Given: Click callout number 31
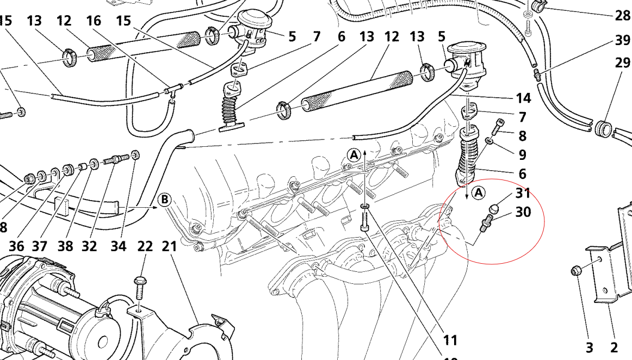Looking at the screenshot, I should [x=523, y=193].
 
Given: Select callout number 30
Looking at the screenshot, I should [x=523, y=212].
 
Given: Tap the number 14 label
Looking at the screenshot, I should [x=523, y=98].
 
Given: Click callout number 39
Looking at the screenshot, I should [x=623, y=40].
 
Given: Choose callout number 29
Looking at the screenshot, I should [x=623, y=64].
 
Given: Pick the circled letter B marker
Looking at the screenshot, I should [x=164, y=200].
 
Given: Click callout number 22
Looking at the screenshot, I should [x=145, y=246].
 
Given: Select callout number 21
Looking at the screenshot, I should [x=170, y=246].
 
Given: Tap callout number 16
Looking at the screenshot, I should [x=94, y=21].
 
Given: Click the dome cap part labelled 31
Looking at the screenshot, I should [x=494, y=209].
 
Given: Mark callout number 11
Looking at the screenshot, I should [x=450, y=340].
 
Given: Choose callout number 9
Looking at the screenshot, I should [x=523, y=155].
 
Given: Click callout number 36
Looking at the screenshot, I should [x=16, y=246].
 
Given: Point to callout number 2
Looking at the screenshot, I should [x=615, y=347].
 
